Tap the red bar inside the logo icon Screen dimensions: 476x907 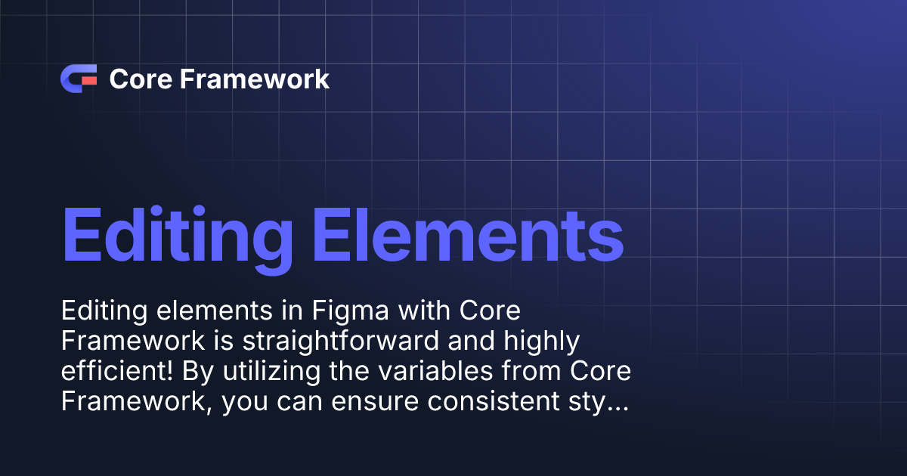tap(89, 79)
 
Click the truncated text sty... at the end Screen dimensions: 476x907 tap(605, 401)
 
